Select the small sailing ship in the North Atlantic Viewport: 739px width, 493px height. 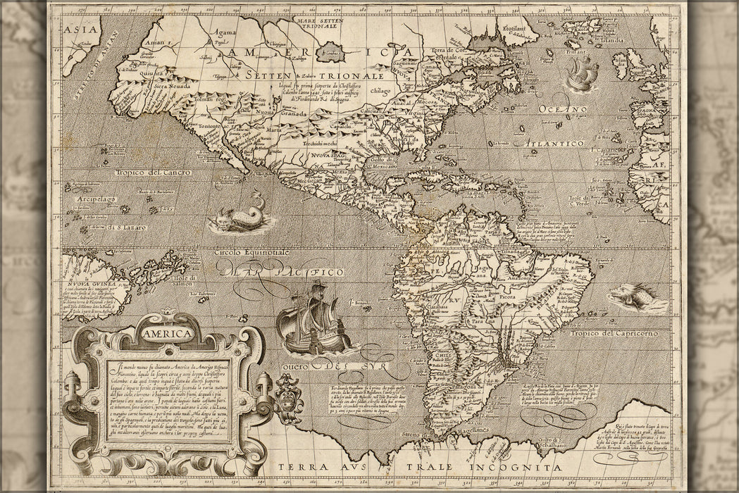click(582, 73)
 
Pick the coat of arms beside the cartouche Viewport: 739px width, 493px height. click(289, 394)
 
